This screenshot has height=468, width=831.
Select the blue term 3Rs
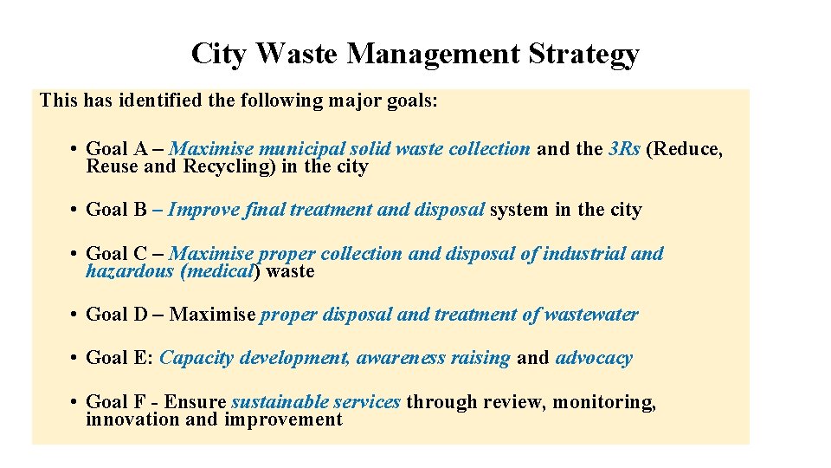pos(624,149)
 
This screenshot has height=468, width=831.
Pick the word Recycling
pos(229,166)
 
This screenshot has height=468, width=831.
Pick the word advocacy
pos(594,358)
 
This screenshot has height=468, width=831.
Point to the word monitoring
pos(604,402)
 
